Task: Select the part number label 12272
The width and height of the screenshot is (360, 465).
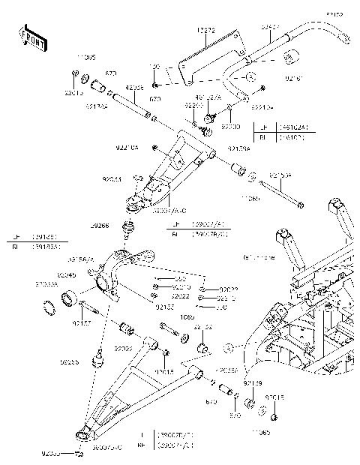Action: (x=206, y=30)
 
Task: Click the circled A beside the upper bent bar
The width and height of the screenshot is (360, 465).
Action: (x=251, y=76)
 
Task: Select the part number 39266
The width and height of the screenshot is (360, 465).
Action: (x=100, y=225)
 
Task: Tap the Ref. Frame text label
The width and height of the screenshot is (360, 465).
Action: (x=258, y=258)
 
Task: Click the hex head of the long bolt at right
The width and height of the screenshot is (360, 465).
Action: (x=301, y=203)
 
